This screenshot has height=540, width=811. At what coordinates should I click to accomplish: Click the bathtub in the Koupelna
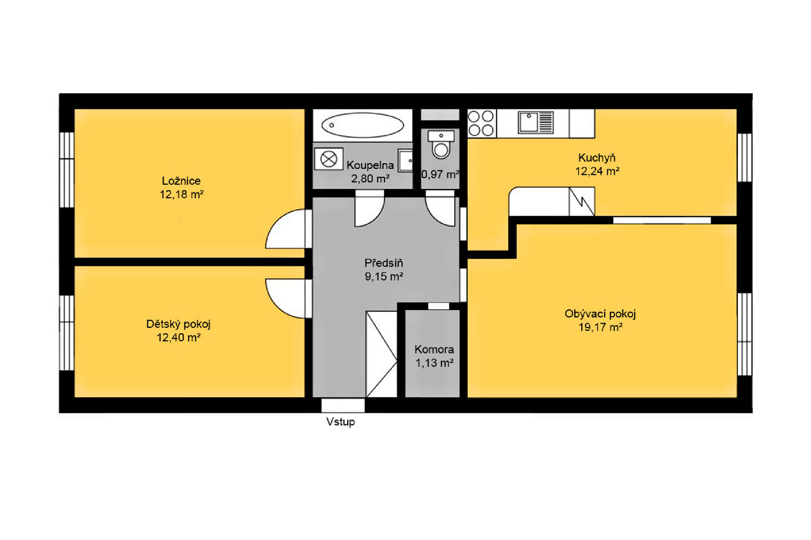point(362,125)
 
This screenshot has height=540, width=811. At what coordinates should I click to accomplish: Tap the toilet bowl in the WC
point(440,150)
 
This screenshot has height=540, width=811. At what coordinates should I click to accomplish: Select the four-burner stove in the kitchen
point(481,123)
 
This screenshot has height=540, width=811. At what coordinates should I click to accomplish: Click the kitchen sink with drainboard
point(535,122)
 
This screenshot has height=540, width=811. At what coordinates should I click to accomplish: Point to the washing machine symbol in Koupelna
point(328,159)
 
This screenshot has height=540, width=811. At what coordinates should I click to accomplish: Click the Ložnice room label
point(181,181)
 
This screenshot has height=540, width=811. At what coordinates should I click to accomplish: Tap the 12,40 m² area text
point(178,338)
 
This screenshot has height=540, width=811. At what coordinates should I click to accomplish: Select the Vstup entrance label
point(340,421)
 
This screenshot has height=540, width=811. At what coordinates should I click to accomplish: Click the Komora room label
point(434,349)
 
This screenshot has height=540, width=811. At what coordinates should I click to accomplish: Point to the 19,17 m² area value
point(600,327)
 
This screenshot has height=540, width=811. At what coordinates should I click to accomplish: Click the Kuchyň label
point(597,158)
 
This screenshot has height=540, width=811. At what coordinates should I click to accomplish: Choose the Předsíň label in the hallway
point(384,263)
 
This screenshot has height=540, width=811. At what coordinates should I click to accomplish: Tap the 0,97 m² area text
point(440,174)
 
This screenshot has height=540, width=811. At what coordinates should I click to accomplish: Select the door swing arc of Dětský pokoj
point(278,306)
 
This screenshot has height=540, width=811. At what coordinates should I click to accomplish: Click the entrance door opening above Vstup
point(343,405)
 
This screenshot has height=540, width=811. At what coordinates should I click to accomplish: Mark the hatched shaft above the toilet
point(440,114)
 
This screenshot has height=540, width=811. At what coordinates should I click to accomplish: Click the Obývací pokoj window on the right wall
point(745,334)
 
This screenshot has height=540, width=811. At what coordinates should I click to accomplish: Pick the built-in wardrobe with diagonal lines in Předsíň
point(382,354)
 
